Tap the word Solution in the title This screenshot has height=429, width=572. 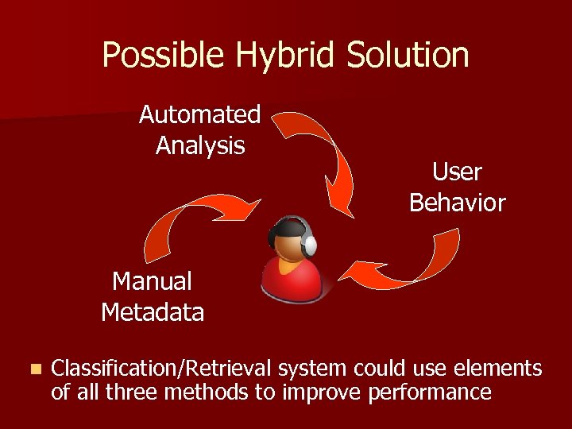414,56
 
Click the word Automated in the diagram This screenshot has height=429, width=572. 199,115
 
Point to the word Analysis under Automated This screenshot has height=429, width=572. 200,146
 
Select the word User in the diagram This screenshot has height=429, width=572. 457,172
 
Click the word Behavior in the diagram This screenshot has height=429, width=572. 457,203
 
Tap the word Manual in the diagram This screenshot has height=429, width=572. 153,281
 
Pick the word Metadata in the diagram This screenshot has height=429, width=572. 153,312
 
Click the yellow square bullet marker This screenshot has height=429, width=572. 33,369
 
